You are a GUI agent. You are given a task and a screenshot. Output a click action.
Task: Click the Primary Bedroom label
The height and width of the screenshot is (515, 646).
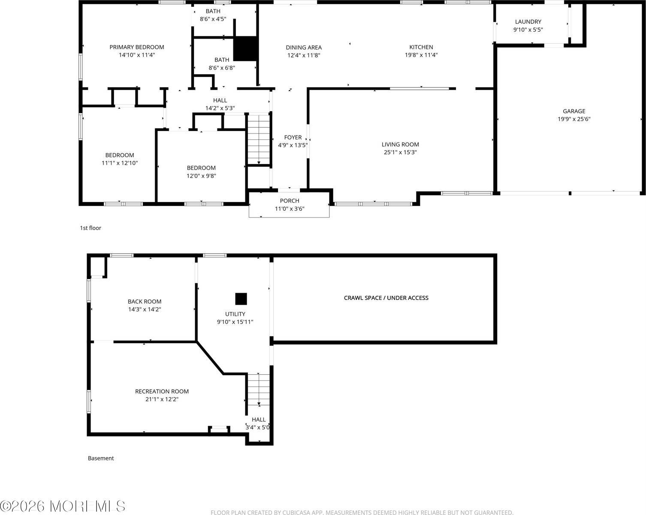pyautogui.click(x=136, y=47)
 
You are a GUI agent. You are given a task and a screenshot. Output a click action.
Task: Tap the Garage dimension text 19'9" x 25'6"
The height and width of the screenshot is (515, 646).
pyautogui.click(x=574, y=119)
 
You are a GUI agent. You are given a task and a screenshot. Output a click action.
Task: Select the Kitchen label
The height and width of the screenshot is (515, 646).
pyautogui.click(x=421, y=47)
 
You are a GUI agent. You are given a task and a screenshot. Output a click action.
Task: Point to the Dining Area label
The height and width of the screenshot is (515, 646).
pyautogui.click(x=304, y=48)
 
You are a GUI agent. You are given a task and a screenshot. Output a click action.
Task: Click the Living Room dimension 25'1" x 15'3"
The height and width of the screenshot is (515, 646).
pyautogui.click(x=400, y=152)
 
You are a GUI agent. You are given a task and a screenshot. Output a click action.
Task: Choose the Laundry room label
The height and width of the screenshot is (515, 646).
pyautogui.click(x=528, y=22)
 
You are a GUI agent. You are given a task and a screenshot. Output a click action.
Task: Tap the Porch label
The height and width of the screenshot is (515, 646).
pyautogui.click(x=290, y=201)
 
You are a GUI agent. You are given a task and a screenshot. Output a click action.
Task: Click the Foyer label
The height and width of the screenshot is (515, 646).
pyautogui.click(x=293, y=138)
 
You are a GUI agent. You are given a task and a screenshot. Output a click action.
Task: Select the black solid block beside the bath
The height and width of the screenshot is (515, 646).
pyautogui.click(x=245, y=48)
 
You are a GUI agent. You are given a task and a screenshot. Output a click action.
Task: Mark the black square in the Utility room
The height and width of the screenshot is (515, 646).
pyautogui.click(x=241, y=299)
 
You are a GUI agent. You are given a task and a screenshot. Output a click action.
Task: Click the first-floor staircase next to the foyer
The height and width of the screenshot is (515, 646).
pyautogui.click(x=259, y=139)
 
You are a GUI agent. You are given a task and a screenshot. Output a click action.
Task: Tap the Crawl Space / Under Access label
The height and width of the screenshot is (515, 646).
pyautogui.click(x=386, y=298)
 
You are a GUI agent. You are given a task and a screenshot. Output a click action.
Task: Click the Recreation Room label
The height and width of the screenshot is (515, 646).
pyautogui.click(x=162, y=391)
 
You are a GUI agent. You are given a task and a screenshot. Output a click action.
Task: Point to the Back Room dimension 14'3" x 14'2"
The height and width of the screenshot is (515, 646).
pyautogui.click(x=145, y=309)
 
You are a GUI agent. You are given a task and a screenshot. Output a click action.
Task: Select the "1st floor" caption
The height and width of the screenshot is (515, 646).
pyautogui.click(x=91, y=228)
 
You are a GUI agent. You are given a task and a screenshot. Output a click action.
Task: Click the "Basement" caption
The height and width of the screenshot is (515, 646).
pyautogui.click(x=101, y=458)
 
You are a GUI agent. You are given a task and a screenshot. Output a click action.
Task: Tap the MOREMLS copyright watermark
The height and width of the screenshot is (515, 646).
pyautogui.click(x=63, y=506)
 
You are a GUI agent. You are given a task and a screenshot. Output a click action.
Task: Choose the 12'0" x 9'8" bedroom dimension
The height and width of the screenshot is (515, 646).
pyautogui.click(x=201, y=176)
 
